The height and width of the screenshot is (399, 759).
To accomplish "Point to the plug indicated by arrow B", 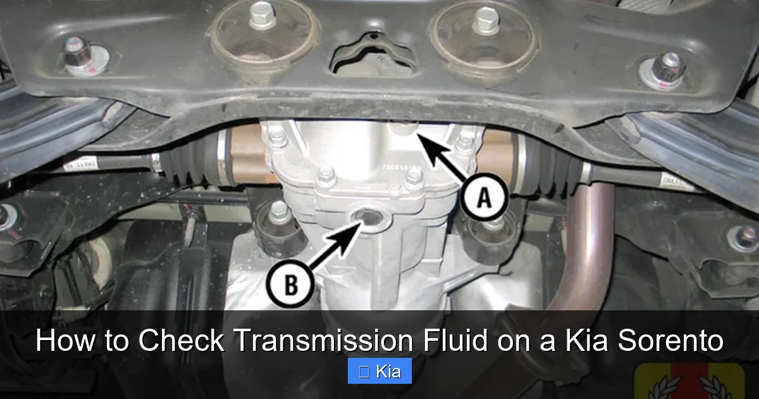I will coord(367,218).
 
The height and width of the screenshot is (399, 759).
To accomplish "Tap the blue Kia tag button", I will coord(379,371).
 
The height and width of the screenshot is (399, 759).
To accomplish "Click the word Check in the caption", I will coord(180,341).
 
